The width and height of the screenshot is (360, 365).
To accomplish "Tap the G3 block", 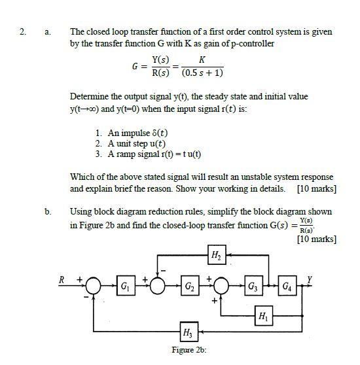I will click(253, 287).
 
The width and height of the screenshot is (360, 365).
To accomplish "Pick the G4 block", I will click(288, 287).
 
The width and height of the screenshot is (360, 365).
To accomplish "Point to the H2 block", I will click(215, 255).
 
